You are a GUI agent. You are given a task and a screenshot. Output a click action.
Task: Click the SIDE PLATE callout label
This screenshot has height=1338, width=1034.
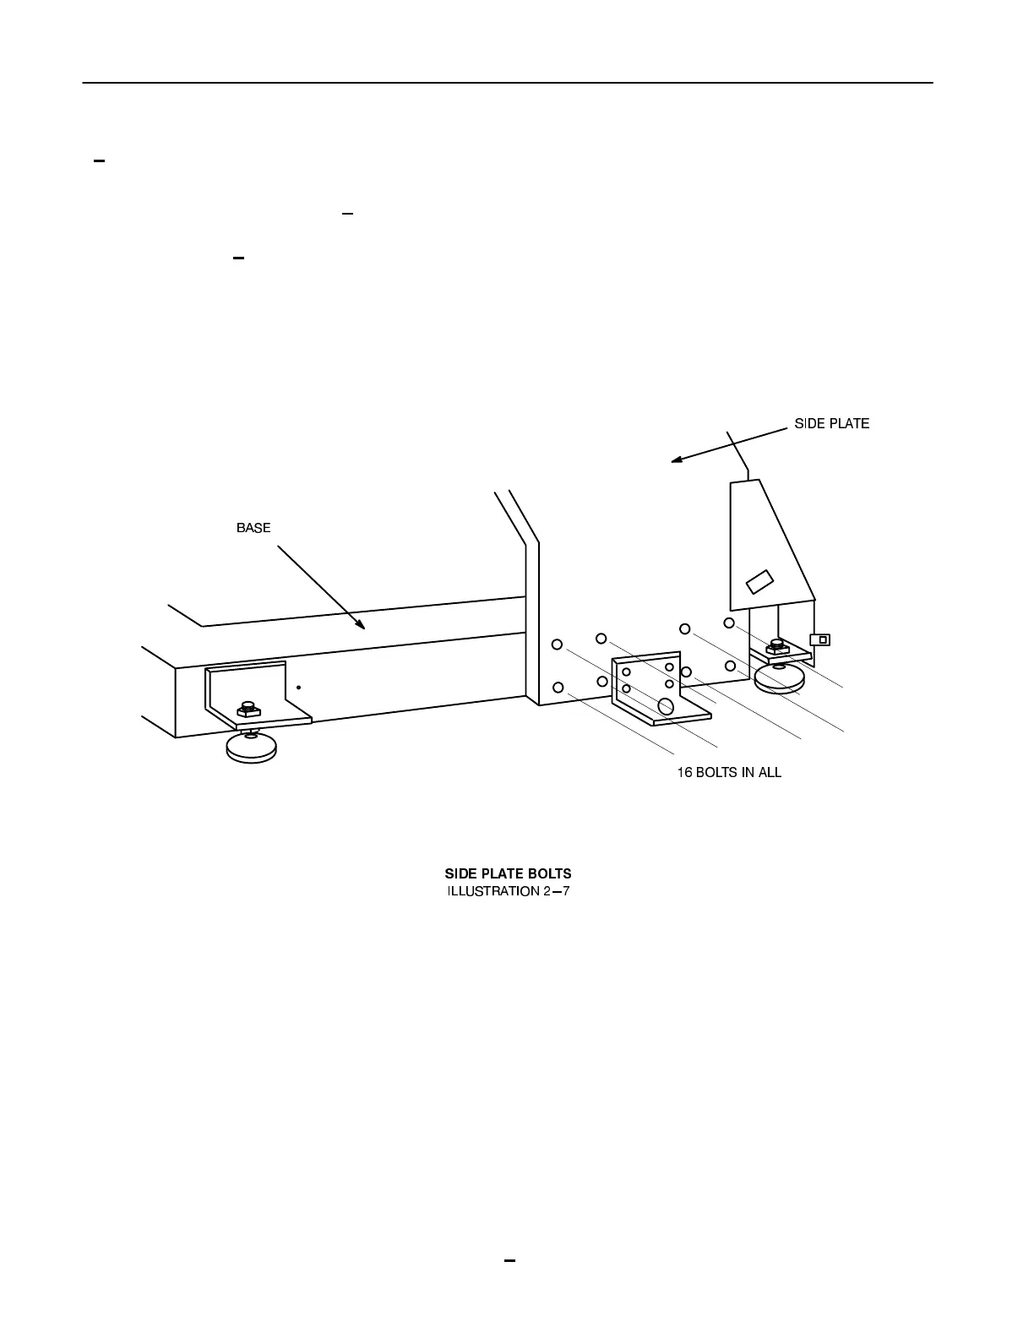pos(831,423)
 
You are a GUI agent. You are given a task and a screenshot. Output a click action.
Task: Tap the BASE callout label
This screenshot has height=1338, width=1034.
pos(253,528)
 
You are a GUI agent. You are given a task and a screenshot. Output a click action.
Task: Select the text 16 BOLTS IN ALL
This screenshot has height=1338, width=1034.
pos(729,772)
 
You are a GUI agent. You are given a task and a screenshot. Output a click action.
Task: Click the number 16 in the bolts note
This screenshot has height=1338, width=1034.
pos(685,772)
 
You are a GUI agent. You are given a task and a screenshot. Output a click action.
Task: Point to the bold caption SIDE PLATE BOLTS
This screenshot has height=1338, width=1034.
pos(508,873)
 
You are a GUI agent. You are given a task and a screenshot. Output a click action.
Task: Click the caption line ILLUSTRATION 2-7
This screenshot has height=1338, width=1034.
pos(508,891)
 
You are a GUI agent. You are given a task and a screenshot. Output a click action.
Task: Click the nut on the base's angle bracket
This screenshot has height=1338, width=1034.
pos(248,708)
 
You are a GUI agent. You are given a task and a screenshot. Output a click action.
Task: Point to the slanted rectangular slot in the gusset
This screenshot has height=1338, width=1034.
pos(760,582)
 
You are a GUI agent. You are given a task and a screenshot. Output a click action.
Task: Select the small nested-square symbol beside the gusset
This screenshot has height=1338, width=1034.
pos(820,639)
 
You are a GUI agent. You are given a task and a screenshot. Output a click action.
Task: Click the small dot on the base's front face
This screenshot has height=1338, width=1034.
pos(298,688)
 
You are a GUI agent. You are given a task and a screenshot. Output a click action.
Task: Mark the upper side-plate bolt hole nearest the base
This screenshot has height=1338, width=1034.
pos(557,645)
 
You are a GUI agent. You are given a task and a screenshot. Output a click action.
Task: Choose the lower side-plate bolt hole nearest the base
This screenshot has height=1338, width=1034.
pos(558,687)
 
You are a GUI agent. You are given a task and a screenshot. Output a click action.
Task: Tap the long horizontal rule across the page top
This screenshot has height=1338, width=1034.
pos(507,83)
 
